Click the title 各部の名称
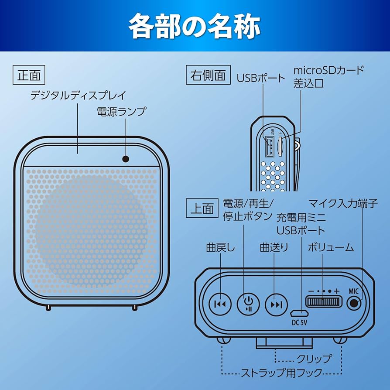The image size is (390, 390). point(195,26)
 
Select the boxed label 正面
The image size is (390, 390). point(29,75)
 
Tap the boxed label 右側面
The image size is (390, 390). point(208,75)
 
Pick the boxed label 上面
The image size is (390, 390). point(202,209)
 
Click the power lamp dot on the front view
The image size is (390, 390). point(126,159)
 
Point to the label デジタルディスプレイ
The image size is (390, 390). point(78,95)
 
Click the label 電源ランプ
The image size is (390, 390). point(121,111)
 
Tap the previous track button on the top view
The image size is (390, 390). point(219,303)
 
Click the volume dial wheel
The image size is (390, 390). point(323,302)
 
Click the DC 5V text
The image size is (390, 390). point(300,323)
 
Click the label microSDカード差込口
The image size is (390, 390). point(328,76)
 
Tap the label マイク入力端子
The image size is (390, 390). point(343,203)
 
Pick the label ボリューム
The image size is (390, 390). point(331,247)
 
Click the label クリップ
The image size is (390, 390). point(314,359)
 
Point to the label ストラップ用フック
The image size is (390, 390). point(282,373)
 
